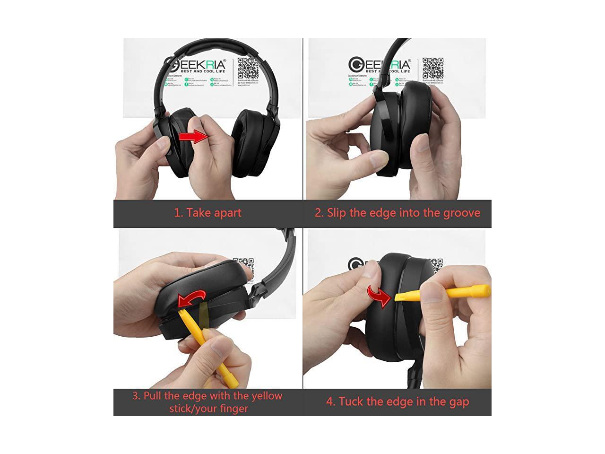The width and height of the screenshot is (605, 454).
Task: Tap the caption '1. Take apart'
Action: [x=207, y=212]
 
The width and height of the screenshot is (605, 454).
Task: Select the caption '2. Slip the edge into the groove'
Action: [x=397, y=212]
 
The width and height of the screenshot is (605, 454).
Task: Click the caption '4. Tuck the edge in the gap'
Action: [x=397, y=402]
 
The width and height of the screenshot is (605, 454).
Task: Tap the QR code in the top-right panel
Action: [x=432, y=69]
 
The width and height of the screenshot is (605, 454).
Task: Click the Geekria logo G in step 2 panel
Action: [x=356, y=64]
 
